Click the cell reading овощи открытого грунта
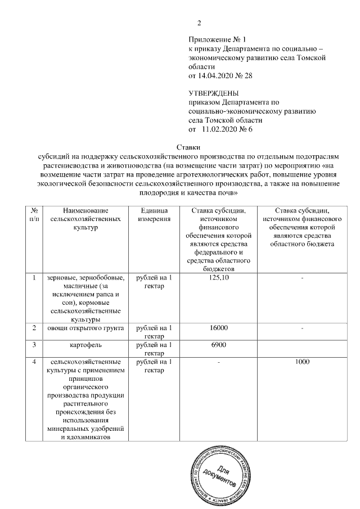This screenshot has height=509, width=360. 85,328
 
